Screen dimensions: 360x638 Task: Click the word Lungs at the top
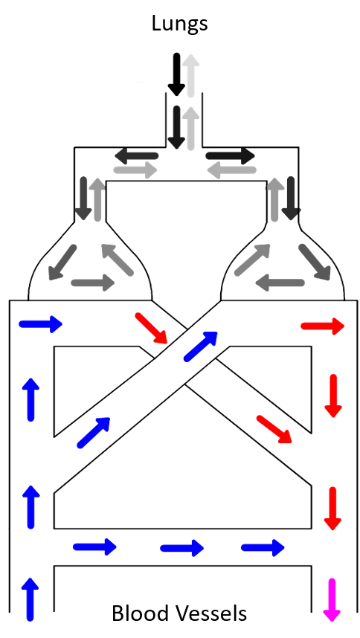pyautogui.click(x=179, y=24)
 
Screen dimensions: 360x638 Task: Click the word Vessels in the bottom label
pyautogui.click(x=212, y=613)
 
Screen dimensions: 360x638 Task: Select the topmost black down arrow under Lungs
pyautogui.click(x=176, y=74)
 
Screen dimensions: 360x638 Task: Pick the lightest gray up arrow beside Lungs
pyautogui.click(x=190, y=75)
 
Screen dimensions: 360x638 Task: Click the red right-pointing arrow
pyautogui.click(x=323, y=326)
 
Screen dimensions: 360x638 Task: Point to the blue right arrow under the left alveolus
pyautogui.click(x=40, y=324)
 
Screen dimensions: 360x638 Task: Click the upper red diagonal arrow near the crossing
pyautogui.click(x=152, y=328)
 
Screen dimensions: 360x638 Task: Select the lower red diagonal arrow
pyautogui.click(x=274, y=429)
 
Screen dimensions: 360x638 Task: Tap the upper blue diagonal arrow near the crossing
pyautogui.click(x=201, y=347)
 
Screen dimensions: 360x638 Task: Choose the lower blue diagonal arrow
pyautogui.click(x=94, y=433)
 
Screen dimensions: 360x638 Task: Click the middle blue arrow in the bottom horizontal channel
pyautogui.click(x=181, y=548)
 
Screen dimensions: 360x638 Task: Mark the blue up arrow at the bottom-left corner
pyautogui.click(x=30, y=599)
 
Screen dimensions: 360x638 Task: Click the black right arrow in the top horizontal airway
pyautogui.click(x=231, y=155)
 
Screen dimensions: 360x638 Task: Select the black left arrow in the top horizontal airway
pyautogui.click(x=136, y=155)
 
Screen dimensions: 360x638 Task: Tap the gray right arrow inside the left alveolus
pyautogui.click(x=93, y=283)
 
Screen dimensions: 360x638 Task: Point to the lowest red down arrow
pyautogui.click(x=332, y=508)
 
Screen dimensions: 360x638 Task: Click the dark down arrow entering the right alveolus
pyautogui.click(x=291, y=198)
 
